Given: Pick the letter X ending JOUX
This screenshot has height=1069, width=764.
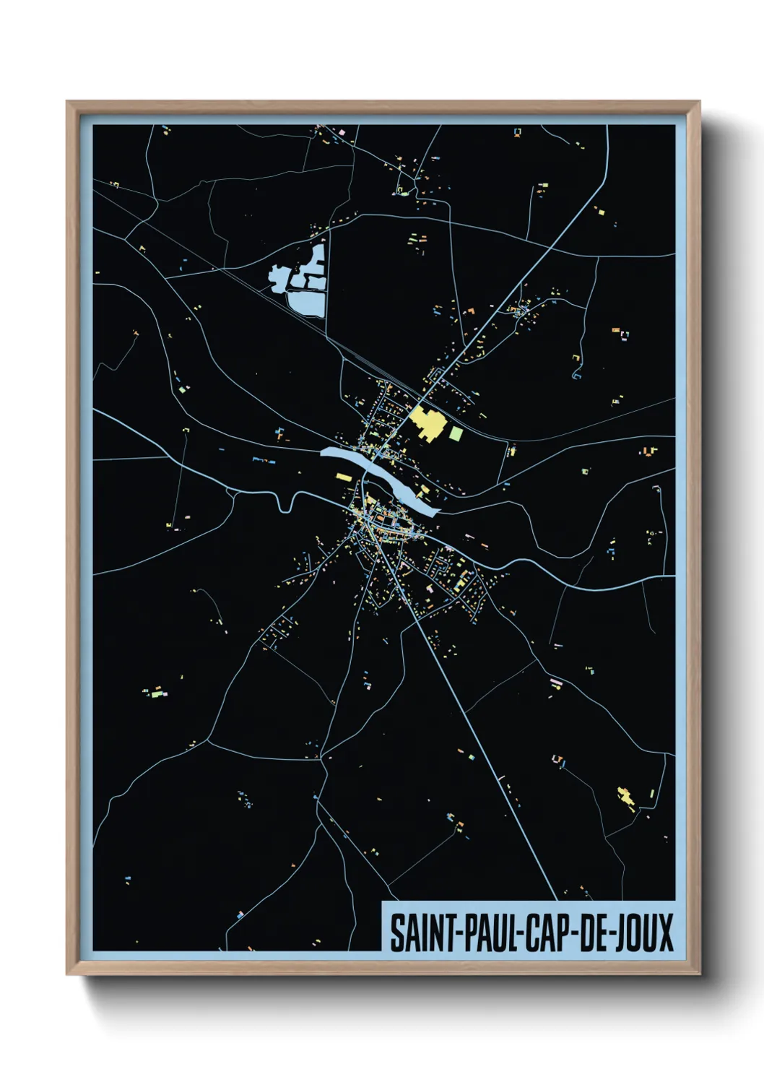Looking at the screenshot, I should click(666, 932).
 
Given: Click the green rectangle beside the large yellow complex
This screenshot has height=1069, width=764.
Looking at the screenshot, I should click(456, 433).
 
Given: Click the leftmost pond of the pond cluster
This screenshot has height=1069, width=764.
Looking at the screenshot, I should click(279, 277).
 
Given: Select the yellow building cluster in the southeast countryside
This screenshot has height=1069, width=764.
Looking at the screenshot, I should click(626, 796).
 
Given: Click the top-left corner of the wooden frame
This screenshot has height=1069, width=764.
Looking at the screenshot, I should click(67, 103).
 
